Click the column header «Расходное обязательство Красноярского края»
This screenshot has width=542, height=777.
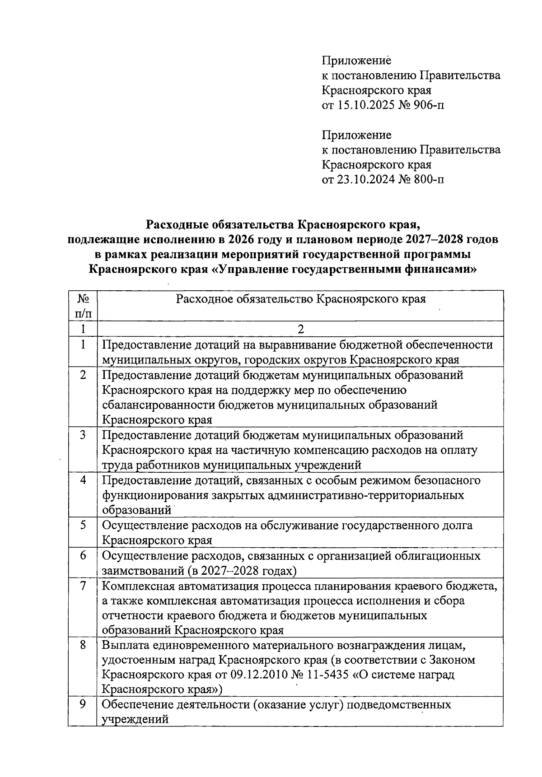tap(301, 299)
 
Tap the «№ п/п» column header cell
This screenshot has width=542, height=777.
tap(83, 306)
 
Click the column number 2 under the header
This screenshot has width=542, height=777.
tap(301, 329)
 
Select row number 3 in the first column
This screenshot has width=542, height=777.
tap(83, 435)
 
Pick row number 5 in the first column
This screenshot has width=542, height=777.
tap(83, 526)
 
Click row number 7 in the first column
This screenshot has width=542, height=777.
tap(83, 586)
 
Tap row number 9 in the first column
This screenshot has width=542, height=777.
tap(83, 704)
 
